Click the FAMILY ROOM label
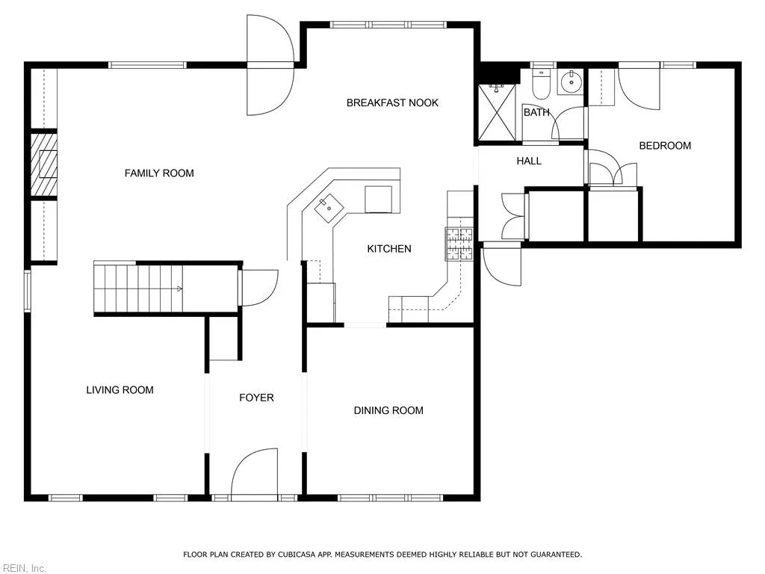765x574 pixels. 159,173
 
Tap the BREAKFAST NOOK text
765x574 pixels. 392,103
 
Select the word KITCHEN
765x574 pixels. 388,249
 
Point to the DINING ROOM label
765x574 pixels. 388,410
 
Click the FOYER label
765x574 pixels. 256,398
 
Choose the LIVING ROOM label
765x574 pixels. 120,390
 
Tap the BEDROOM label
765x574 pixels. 665,146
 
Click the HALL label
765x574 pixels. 529,161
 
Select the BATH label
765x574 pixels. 536,113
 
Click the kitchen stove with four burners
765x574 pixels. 460,244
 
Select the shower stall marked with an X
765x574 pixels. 497,113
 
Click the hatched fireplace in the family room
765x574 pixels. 43,164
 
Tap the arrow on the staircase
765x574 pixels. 179,288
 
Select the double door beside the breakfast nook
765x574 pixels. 270,66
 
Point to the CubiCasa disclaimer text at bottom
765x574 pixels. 382,555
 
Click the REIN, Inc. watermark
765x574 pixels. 23,568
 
